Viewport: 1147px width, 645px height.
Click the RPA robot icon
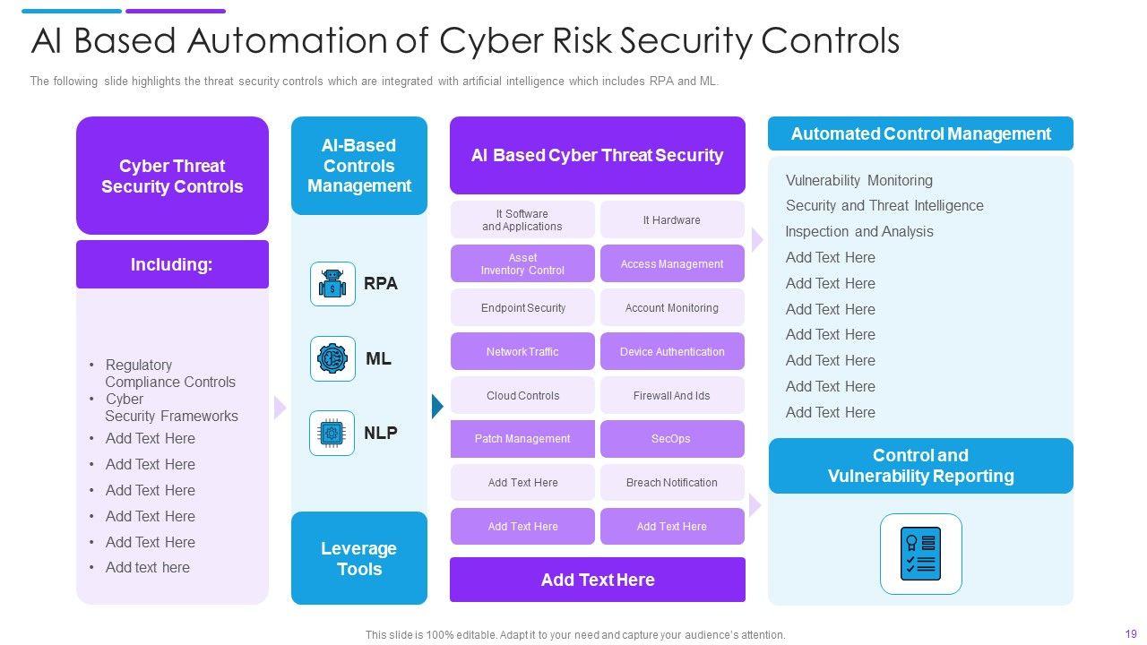[x=332, y=284]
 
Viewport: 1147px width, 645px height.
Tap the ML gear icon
[x=332, y=358]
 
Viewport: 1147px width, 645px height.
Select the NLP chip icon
[x=332, y=433]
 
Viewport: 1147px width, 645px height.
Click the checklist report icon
[x=920, y=554]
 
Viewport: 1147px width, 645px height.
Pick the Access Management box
[x=672, y=264]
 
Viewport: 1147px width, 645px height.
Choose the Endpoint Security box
[x=522, y=308]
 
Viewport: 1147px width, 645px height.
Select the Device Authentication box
[x=672, y=352]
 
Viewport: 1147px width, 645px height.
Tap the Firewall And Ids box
[x=672, y=396]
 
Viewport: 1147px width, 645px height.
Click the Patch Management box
[x=522, y=439]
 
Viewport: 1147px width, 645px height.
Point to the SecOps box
[x=672, y=439]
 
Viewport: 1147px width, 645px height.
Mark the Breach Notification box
[x=672, y=483]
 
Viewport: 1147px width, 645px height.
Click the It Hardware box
[x=672, y=220]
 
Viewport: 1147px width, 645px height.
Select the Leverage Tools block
[x=359, y=558]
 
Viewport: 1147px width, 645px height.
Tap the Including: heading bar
[x=172, y=264]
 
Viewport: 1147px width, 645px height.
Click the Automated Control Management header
[x=920, y=133]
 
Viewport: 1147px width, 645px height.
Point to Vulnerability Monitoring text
[x=858, y=180]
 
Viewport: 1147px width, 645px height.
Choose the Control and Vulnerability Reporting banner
[x=920, y=466]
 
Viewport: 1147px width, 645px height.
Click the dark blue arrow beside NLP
[x=437, y=407]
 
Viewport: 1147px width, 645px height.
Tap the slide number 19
[x=1131, y=634]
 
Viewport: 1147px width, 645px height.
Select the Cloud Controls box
[x=522, y=396]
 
